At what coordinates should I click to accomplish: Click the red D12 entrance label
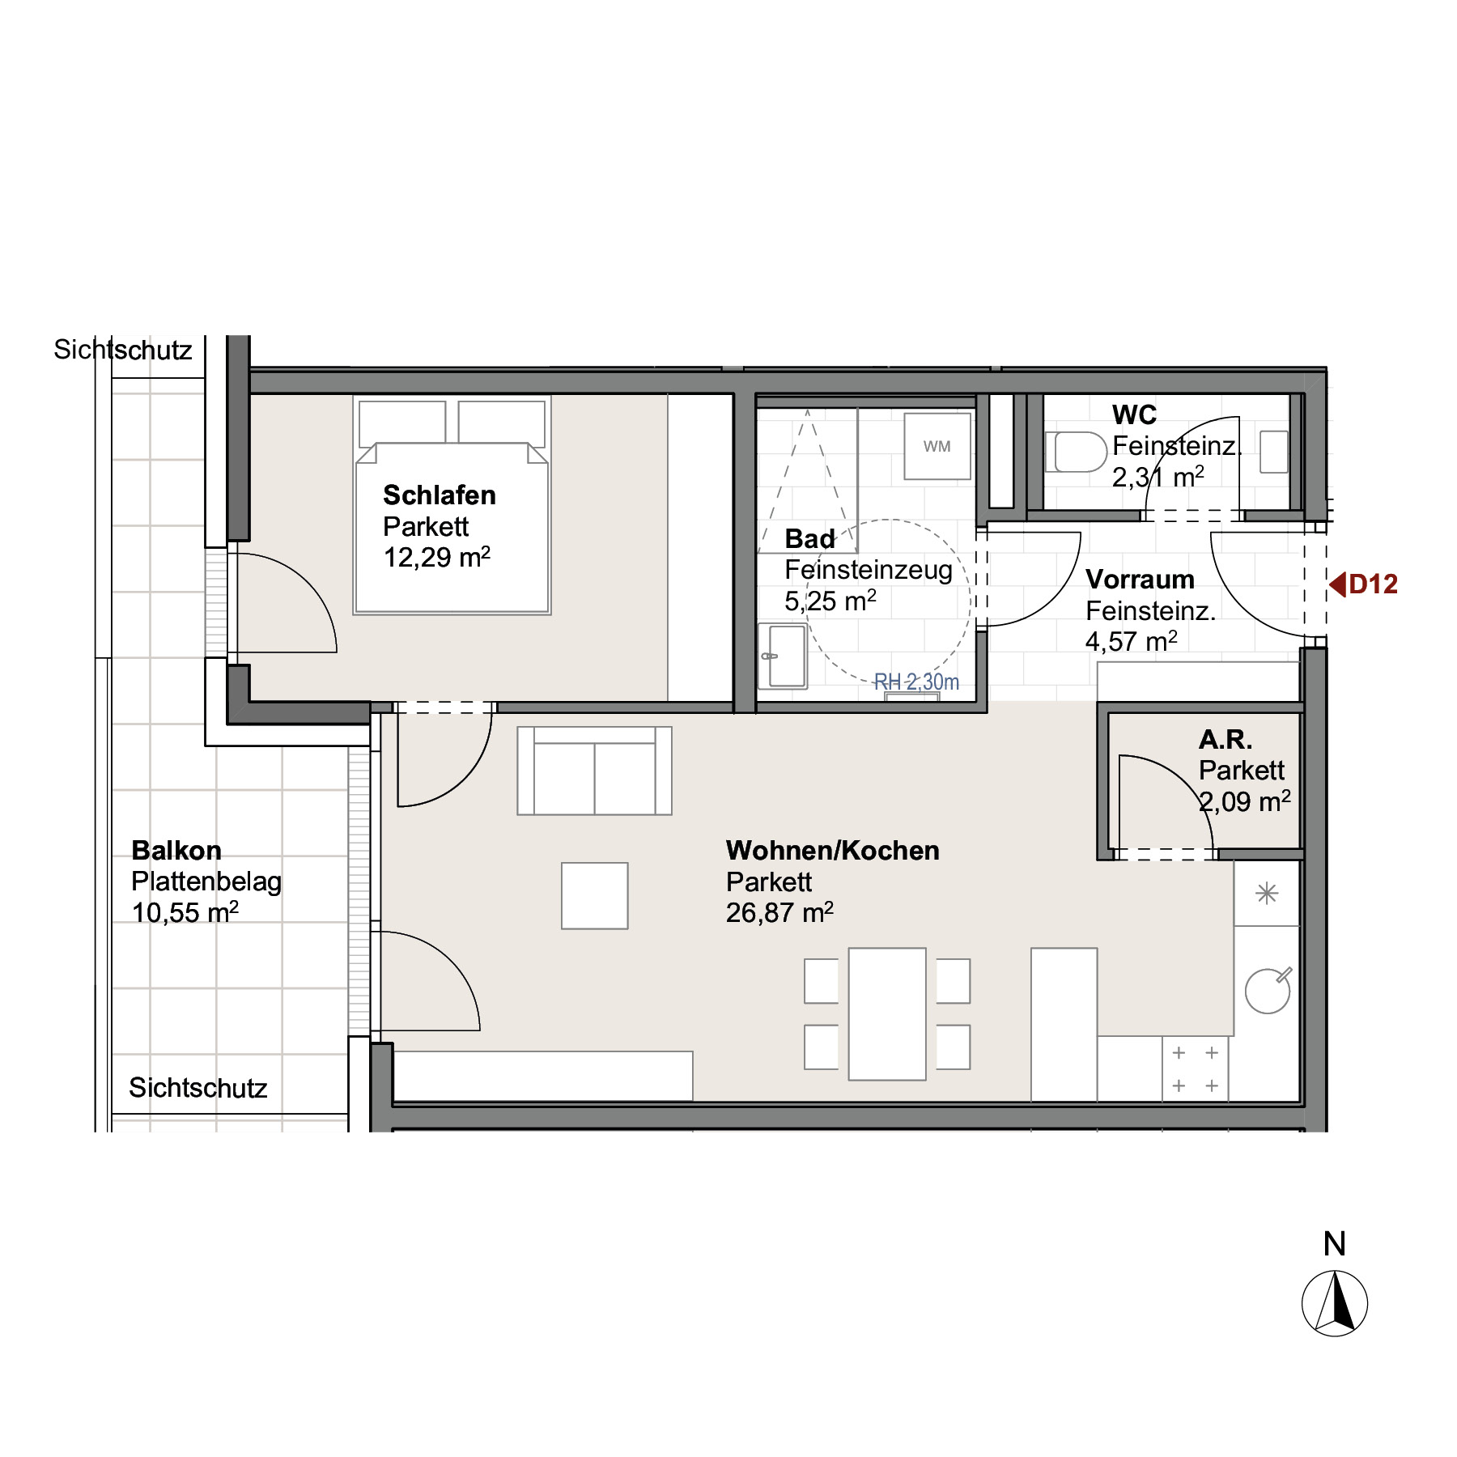(x=1374, y=584)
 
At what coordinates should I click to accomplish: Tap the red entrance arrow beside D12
(x=1337, y=584)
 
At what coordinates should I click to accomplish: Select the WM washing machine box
(x=937, y=446)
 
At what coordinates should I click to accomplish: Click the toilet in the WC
(x=1076, y=452)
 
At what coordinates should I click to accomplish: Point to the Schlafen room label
(x=439, y=495)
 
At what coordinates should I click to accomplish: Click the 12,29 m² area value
(x=437, y=557)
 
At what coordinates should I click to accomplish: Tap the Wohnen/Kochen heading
(x=832, y=850)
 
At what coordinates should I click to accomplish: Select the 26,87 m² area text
(x=779, y=912)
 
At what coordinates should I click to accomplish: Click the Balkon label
(x=176, y=850)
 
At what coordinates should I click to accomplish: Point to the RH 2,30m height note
(x=916, y=682)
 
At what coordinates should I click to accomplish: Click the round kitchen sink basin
(x=1267, y=991)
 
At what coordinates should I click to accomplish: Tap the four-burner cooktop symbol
(x=1195, y=1069)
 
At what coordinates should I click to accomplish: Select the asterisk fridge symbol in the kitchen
(x=1267, y=894)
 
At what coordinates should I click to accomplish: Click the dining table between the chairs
(x=887, y=1014)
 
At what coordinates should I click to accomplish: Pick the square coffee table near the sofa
(x=595, y=895)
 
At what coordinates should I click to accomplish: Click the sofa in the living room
(x=595, y=771)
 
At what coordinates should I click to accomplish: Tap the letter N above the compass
(x=1335, y=1244)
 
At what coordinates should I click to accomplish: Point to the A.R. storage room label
(x=1225, y=739)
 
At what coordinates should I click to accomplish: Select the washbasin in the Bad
(x=783, y=656)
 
